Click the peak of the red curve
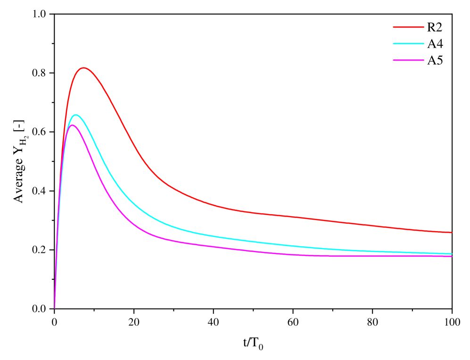click(84, 68)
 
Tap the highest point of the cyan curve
click(75, 115)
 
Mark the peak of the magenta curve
click(72, 125)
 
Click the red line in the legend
click(408, 27)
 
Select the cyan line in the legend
click(408, 44)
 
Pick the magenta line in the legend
click(408, 60)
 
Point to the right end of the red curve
click(451, 232)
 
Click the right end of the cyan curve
click(451, 253)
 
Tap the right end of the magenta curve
click(451, 256)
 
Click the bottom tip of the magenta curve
click(55, 308)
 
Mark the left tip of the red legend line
click(394, 27)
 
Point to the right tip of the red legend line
click(423, 27)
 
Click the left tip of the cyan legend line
click(394, 44)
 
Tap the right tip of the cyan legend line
click(423, 44)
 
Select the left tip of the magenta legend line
click(394, 60)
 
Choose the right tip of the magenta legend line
click(423, 60)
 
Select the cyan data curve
click(189, 231)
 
